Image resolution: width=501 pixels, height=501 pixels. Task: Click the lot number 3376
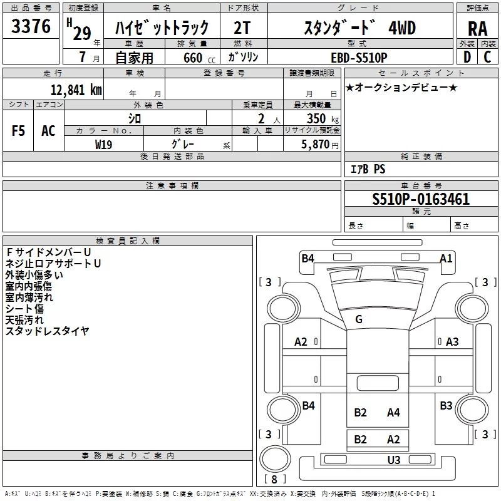(x=31, y=28)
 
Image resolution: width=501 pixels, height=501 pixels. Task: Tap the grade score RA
(x=477, y=29)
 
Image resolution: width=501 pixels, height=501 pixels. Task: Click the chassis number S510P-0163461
(x=421, y=200)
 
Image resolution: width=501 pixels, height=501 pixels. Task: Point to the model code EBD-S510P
(x=359, y=57)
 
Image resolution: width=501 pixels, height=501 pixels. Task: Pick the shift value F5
(x=18, y=131)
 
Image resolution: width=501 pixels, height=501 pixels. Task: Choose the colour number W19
(x=104, y=144)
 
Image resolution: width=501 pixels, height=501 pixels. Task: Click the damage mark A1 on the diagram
(x=446, y=258)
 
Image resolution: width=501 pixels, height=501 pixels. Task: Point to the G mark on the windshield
(x=359, y=319)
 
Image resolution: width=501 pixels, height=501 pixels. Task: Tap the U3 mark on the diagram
(x=394, y=460)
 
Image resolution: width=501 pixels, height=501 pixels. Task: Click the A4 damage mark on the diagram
(x=393, y=412)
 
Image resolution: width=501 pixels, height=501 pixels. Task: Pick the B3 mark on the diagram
(x=446, y=406)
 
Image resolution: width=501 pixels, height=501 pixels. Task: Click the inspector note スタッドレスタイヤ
(x=48, y=330)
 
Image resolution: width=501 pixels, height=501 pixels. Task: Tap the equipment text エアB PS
(x=368, y=169)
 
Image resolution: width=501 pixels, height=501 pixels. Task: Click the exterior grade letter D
(x=467, y=57)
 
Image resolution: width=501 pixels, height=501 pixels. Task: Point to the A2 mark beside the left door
(x=301, y=341)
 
